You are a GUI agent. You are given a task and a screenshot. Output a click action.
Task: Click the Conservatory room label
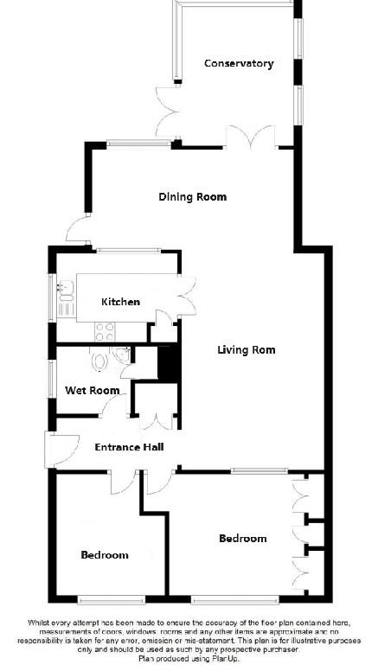click(239, 63)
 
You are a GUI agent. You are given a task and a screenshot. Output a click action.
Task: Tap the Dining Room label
click(192, 197)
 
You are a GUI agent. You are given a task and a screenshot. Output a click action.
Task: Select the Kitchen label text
click(120, 302)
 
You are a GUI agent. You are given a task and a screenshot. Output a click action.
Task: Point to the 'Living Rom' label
click(246, 350)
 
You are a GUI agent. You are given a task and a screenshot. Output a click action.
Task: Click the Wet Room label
click(92, 391)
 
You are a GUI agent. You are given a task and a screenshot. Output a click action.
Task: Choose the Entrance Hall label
click(129, 446)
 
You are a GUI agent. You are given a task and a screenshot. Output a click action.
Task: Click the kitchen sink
click(63, 297)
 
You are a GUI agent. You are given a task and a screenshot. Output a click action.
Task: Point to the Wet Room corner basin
click(123, 355)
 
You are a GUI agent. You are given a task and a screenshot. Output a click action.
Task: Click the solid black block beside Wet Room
click(168, 362)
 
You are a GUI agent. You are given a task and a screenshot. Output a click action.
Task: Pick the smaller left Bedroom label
click(105, 555)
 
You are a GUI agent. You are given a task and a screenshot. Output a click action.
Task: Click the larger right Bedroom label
click(242, 539)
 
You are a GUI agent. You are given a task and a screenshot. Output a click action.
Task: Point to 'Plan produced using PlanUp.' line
click(189, 659)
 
